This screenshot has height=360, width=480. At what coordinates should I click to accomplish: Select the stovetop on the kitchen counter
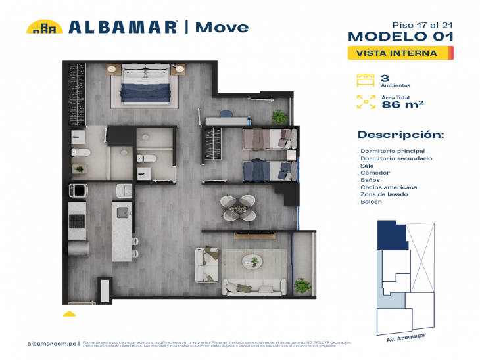point(78,220)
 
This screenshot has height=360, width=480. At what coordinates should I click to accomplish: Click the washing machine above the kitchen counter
point(78,191)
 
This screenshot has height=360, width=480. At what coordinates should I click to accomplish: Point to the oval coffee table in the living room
point(253,261)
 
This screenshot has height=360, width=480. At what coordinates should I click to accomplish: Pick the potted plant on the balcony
point(302,286)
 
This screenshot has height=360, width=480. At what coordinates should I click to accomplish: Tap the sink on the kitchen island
point(121,212)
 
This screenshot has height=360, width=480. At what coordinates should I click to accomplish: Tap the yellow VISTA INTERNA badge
point(400,53)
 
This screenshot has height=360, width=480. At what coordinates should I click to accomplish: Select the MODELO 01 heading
point(400,36)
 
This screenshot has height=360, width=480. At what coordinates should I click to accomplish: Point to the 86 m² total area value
point(402,103)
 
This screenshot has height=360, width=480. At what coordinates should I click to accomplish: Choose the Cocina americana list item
point(388,187)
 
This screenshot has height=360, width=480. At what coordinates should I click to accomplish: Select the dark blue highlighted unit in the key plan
point(391,234)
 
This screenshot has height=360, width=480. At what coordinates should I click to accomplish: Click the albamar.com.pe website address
point(53,343)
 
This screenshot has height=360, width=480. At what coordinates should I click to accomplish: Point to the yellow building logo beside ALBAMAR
point(44,27)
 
